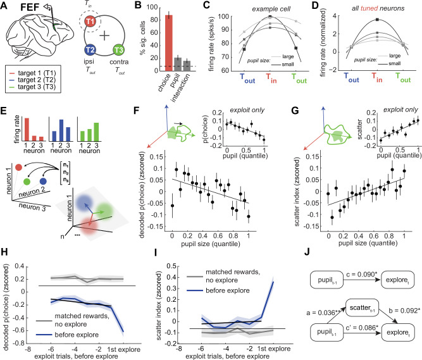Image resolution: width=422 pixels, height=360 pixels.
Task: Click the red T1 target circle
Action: point(90,21)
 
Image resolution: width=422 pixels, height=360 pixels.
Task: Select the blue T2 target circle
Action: point(90,50)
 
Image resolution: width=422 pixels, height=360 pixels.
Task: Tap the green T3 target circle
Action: point(118,50)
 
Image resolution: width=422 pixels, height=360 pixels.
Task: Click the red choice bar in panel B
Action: point(169,43)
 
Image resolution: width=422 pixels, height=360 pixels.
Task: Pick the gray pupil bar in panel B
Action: point(178,65)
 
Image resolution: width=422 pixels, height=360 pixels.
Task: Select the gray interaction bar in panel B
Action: point(187,66)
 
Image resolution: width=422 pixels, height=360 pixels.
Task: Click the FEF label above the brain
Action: point(30,8)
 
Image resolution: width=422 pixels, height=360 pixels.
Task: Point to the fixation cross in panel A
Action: point(104,35)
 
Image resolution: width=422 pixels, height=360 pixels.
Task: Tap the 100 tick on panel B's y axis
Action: point(152,7)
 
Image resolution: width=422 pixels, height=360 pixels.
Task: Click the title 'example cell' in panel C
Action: point(271,9)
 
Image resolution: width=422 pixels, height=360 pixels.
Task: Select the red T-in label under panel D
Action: point(377,77)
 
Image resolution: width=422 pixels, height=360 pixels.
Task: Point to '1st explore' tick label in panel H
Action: point(124,349)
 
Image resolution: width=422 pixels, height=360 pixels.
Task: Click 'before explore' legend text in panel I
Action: point(228,290)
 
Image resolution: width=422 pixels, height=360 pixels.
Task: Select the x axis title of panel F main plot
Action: point(211,244)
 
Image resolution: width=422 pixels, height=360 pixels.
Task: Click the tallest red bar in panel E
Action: point(27,130)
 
